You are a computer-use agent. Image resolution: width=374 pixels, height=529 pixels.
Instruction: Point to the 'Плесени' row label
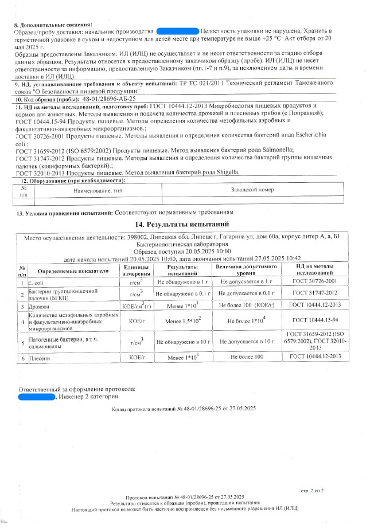[39, 357]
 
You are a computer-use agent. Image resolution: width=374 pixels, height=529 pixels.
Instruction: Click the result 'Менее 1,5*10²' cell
[183, 322]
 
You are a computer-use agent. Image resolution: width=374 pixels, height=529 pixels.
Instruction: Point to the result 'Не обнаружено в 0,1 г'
[183, 293]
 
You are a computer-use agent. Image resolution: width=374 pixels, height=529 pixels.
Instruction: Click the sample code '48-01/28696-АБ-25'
[109, 99]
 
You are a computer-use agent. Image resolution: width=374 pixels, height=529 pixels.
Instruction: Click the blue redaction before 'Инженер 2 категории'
[36, 396]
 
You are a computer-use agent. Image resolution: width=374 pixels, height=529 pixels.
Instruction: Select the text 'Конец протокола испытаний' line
[184, 408]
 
